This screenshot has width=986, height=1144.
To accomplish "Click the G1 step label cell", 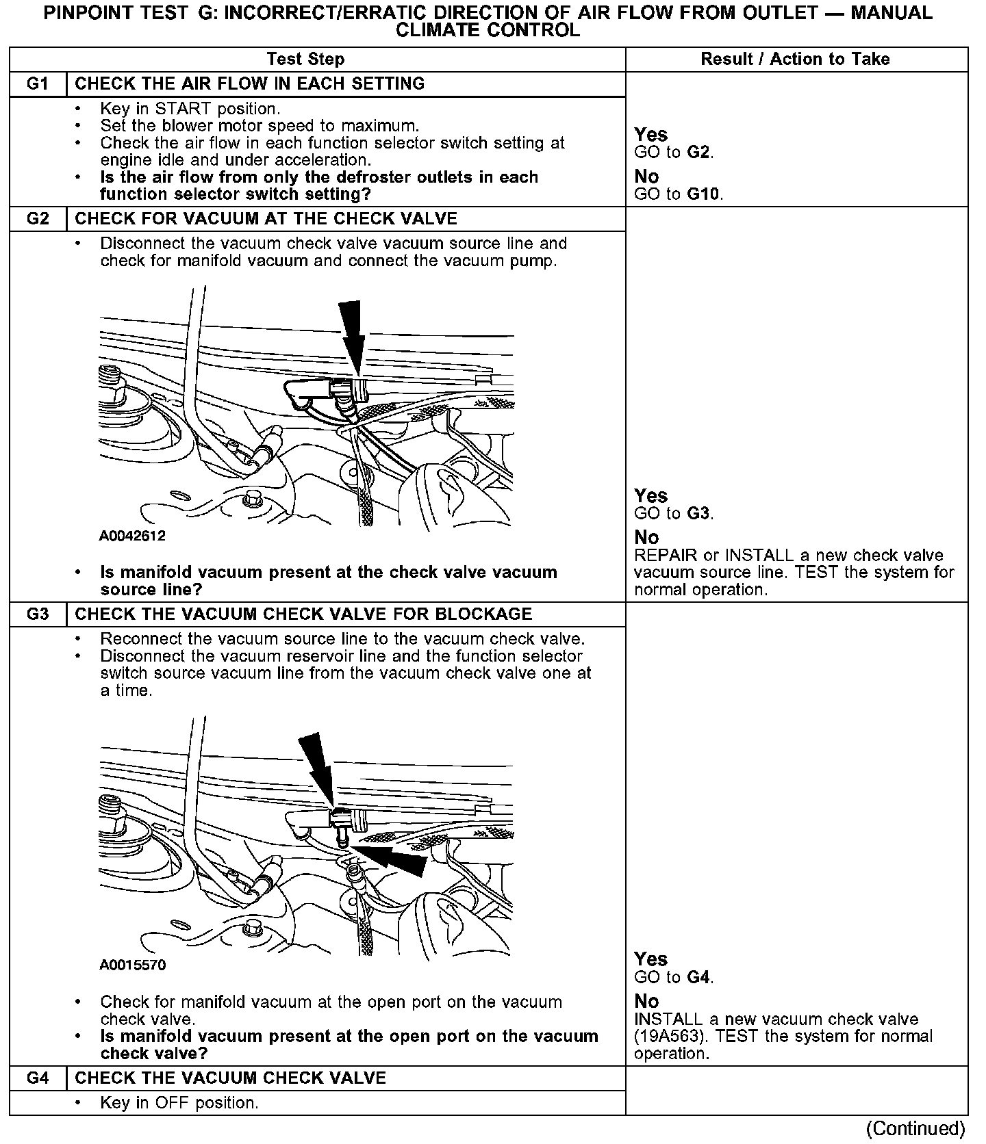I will (38, 84).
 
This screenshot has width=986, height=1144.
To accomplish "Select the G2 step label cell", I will (38, 219).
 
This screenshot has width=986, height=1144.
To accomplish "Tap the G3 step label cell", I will (38, 614).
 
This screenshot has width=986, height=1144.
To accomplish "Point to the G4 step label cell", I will (38, 1078).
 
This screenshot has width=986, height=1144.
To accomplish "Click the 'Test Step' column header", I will (305, 59).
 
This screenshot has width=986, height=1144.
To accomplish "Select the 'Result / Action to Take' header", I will (795, 59).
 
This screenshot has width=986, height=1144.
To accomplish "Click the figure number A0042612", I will (133, 536).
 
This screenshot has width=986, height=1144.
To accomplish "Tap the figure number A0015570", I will (133, 965).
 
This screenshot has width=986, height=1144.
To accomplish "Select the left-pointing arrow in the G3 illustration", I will (394, 859).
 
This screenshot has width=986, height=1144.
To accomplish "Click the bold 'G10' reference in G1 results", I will (703, 194).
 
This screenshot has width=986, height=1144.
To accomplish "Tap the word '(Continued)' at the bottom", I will (915, 1128).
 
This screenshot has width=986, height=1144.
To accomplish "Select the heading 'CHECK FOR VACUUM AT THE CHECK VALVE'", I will (266, 219).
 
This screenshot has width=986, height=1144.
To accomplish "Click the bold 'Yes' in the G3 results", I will (650, 959).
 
